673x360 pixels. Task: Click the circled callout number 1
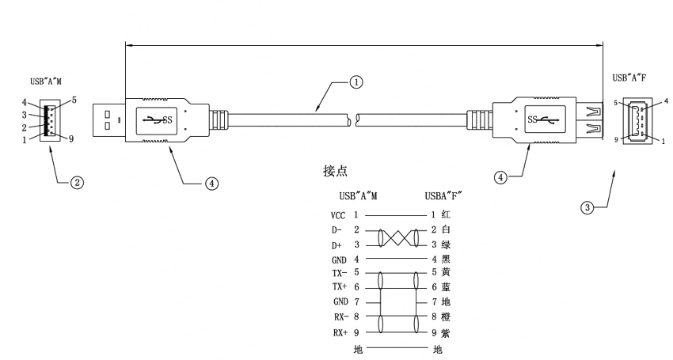tap(356, 82)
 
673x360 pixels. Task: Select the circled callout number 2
tap(77, 183)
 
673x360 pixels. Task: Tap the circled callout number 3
tap(587, 208)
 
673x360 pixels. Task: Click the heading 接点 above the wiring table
tap(335, 171)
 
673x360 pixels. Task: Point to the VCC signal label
tap(338, 215)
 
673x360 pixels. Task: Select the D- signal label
tap(336, 230)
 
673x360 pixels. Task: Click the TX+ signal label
tap(339, 287)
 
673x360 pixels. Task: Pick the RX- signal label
tap(340, 317)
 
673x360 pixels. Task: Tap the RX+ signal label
tap(340, 332)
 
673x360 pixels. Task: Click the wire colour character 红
tap(446, 214)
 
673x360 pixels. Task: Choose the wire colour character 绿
tap(446, 244)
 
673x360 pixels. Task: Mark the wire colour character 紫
tap(446, 332)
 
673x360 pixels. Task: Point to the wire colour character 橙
tap(446, 317)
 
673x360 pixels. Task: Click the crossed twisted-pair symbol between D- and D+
tap(398, 237)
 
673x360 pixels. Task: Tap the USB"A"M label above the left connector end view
tap(45, 81)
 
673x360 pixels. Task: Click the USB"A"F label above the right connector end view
tap(629, 78)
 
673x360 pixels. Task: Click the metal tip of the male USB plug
tap(109, 120)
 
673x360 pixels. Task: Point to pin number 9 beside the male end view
tap(71, 139)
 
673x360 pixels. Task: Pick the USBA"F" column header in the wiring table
tap(443, 196)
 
